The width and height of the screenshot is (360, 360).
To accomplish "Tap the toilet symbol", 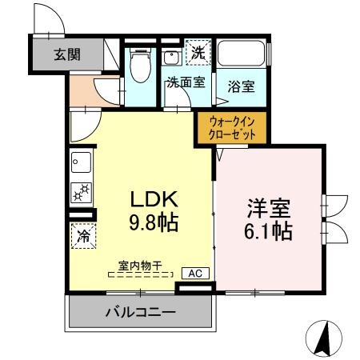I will (142, 66).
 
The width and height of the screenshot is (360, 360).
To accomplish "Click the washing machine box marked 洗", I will (197, 54).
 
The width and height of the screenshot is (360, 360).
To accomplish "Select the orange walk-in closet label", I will (232, 129).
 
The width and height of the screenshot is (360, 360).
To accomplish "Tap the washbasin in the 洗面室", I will (171, 57).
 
